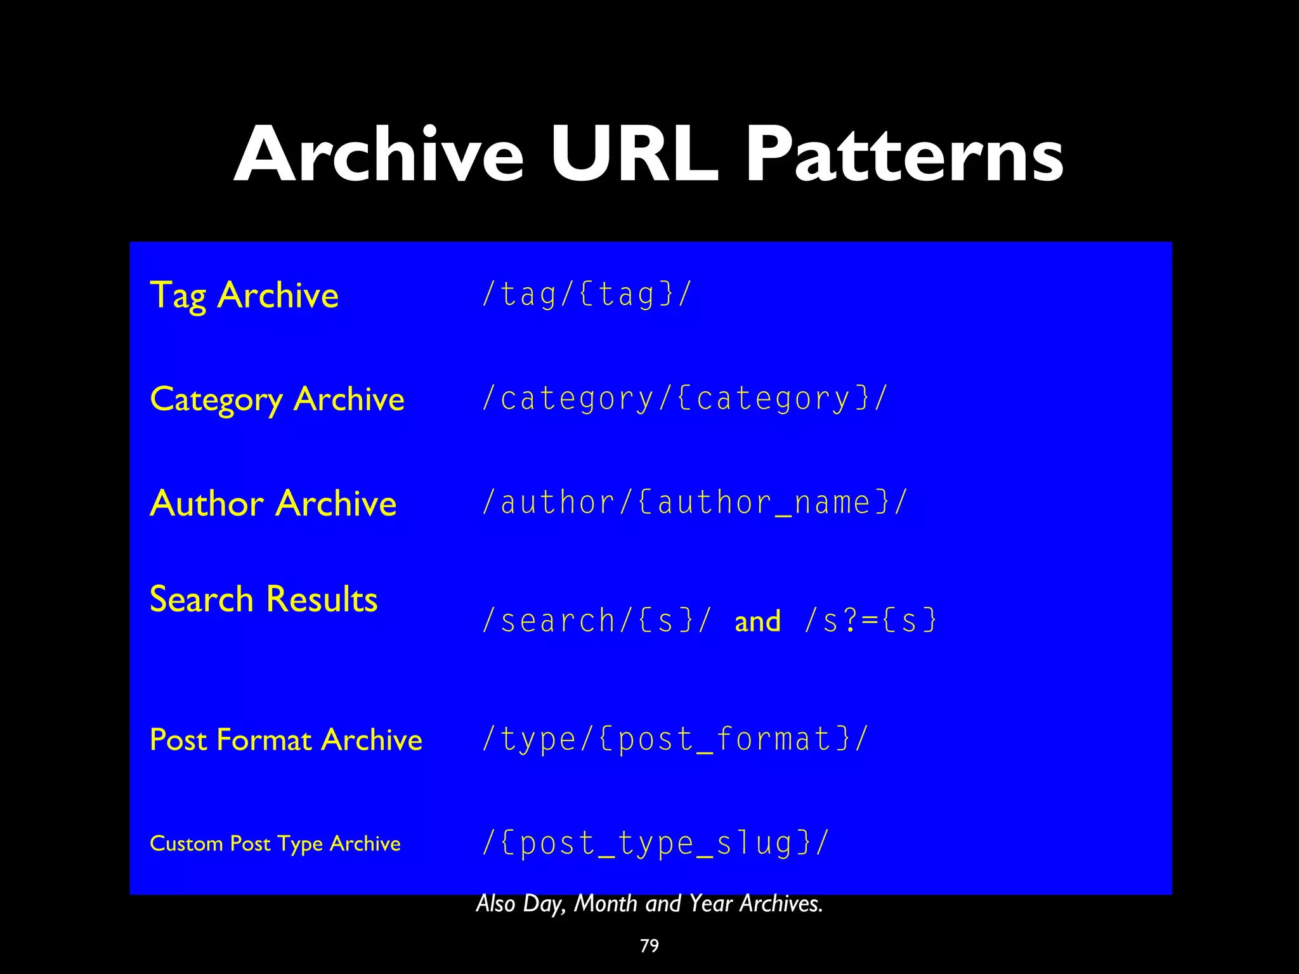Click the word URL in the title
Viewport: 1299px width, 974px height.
(x=634, y=155)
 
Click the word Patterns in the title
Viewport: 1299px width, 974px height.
(x=904, y=155)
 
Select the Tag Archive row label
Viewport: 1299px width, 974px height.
(x=244, y=295)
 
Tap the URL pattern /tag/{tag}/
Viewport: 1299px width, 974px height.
(x=586, y=294)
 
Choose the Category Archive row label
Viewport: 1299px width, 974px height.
(x=277, y=399)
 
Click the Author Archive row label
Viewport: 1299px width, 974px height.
(x=273, y=503)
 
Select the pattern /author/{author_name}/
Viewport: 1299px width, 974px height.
(x=695, y=503)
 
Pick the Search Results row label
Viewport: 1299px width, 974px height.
(x=263, y=599)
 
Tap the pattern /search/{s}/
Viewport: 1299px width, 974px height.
(x=597, y=621)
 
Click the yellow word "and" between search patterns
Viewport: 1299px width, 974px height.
(x=757, y=621)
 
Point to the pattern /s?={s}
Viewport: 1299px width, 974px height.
(x=870, y=621)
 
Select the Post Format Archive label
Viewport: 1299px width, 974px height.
(x=286, y=739)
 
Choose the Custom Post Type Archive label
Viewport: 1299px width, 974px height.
(x=275, y=843)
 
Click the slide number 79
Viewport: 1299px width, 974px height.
(x=649, y=945)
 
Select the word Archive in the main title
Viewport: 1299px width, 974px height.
(x=379, y=155)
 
